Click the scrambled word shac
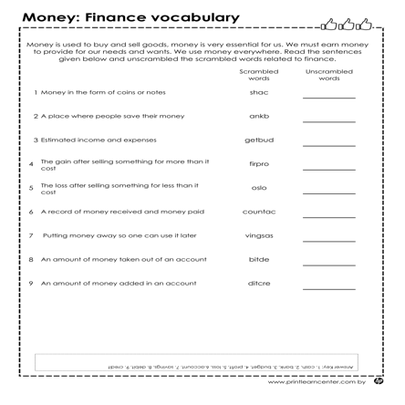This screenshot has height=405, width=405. point(259,93)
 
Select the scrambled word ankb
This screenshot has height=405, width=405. point(259,117)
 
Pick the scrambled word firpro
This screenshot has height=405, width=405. point(259,164)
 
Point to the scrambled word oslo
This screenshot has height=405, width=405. point(259,188)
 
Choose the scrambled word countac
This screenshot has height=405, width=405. point(259,212)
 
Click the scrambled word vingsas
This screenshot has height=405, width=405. point(259,235)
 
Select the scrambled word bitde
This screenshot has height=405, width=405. point(259,259)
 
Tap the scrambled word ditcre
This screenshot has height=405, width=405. point(259,283)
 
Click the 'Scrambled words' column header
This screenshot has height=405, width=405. point(259,74)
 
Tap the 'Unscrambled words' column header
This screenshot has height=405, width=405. point(329,74)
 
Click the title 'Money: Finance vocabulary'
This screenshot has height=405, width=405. point(130,17)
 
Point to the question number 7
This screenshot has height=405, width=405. point(32,235)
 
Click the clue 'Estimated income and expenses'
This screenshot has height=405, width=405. point(95,140)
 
